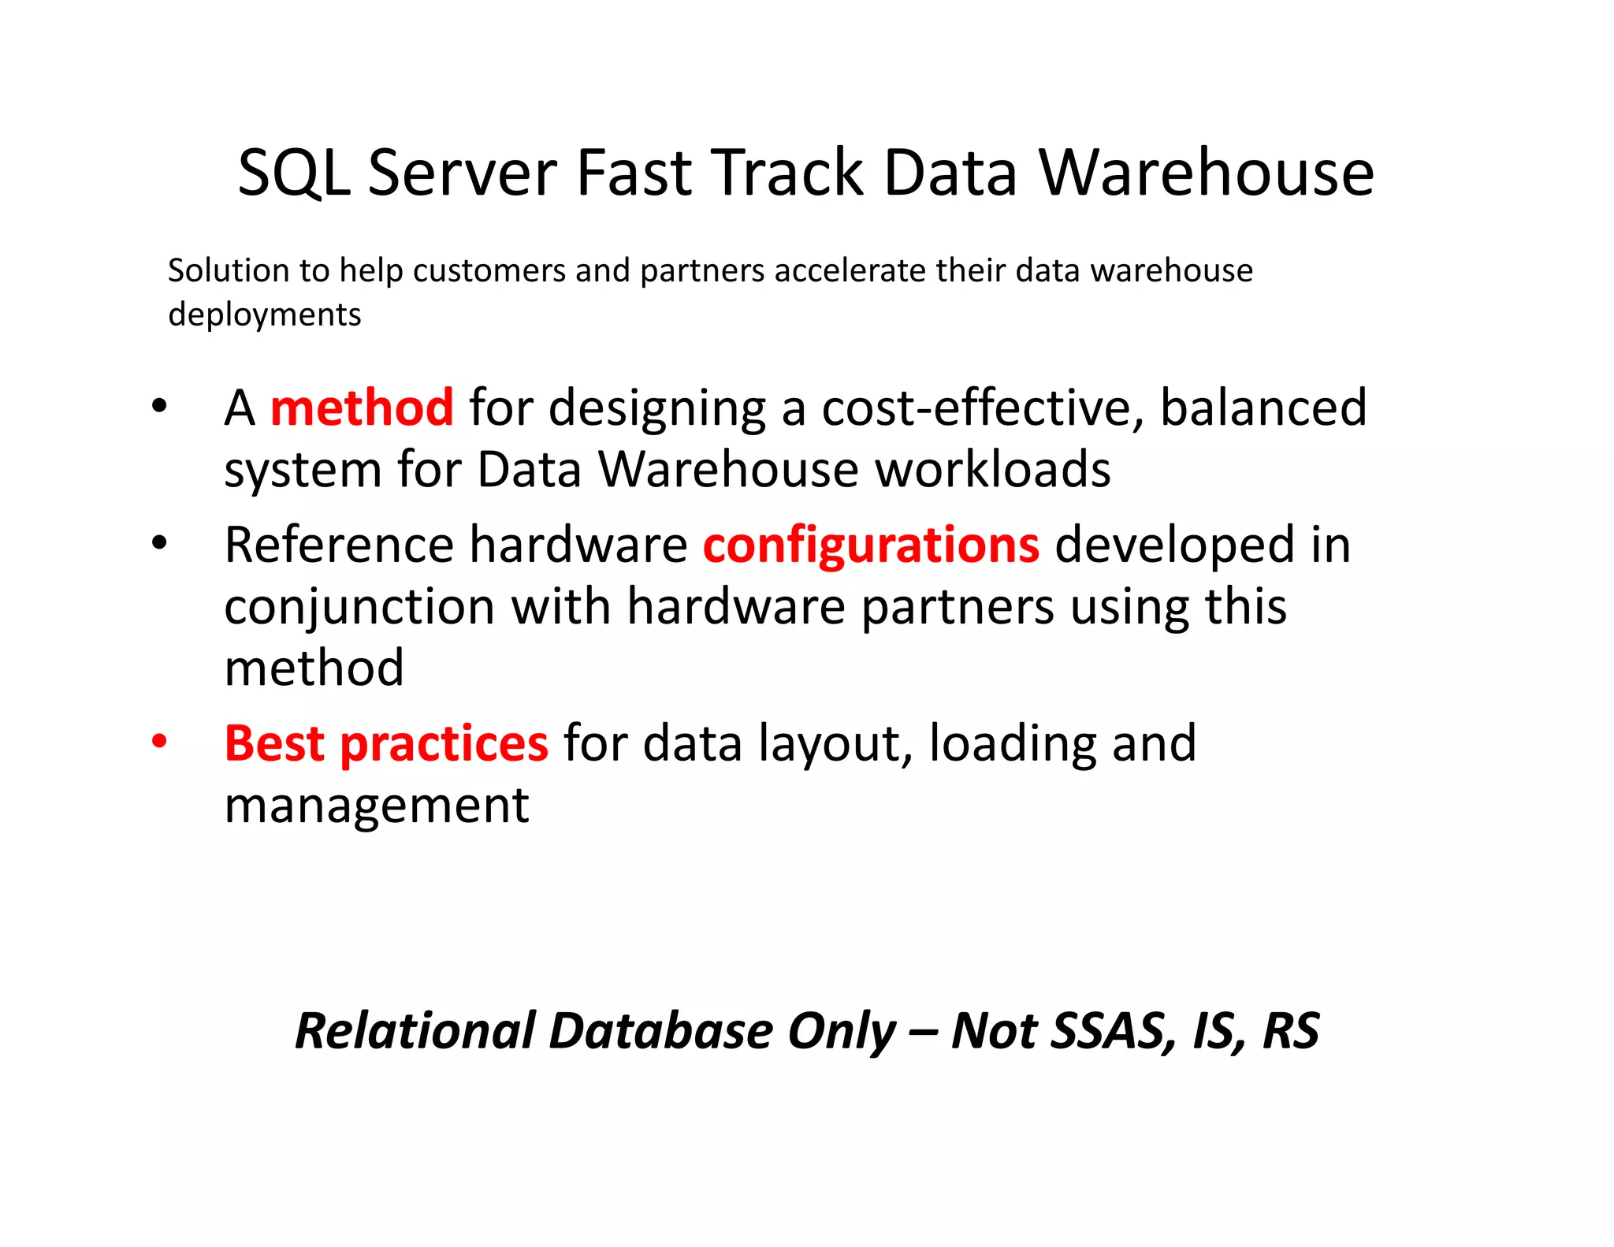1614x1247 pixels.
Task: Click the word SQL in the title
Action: [293, 173]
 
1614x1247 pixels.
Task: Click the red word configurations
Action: [871, 545]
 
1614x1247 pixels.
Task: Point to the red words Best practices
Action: [386, 744]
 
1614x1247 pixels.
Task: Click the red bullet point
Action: [160, 742]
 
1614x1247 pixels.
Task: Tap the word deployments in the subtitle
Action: [265, 315]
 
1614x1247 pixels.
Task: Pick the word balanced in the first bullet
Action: [1263, 408]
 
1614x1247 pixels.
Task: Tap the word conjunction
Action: [360, 608]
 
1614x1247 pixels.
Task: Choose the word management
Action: [377, 806]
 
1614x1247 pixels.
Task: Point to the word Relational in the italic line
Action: [415, 1031]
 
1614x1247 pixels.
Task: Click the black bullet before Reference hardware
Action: [160, 543]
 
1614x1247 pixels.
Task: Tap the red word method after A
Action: [362, 408]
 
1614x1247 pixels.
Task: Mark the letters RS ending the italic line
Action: [1291, 1031]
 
